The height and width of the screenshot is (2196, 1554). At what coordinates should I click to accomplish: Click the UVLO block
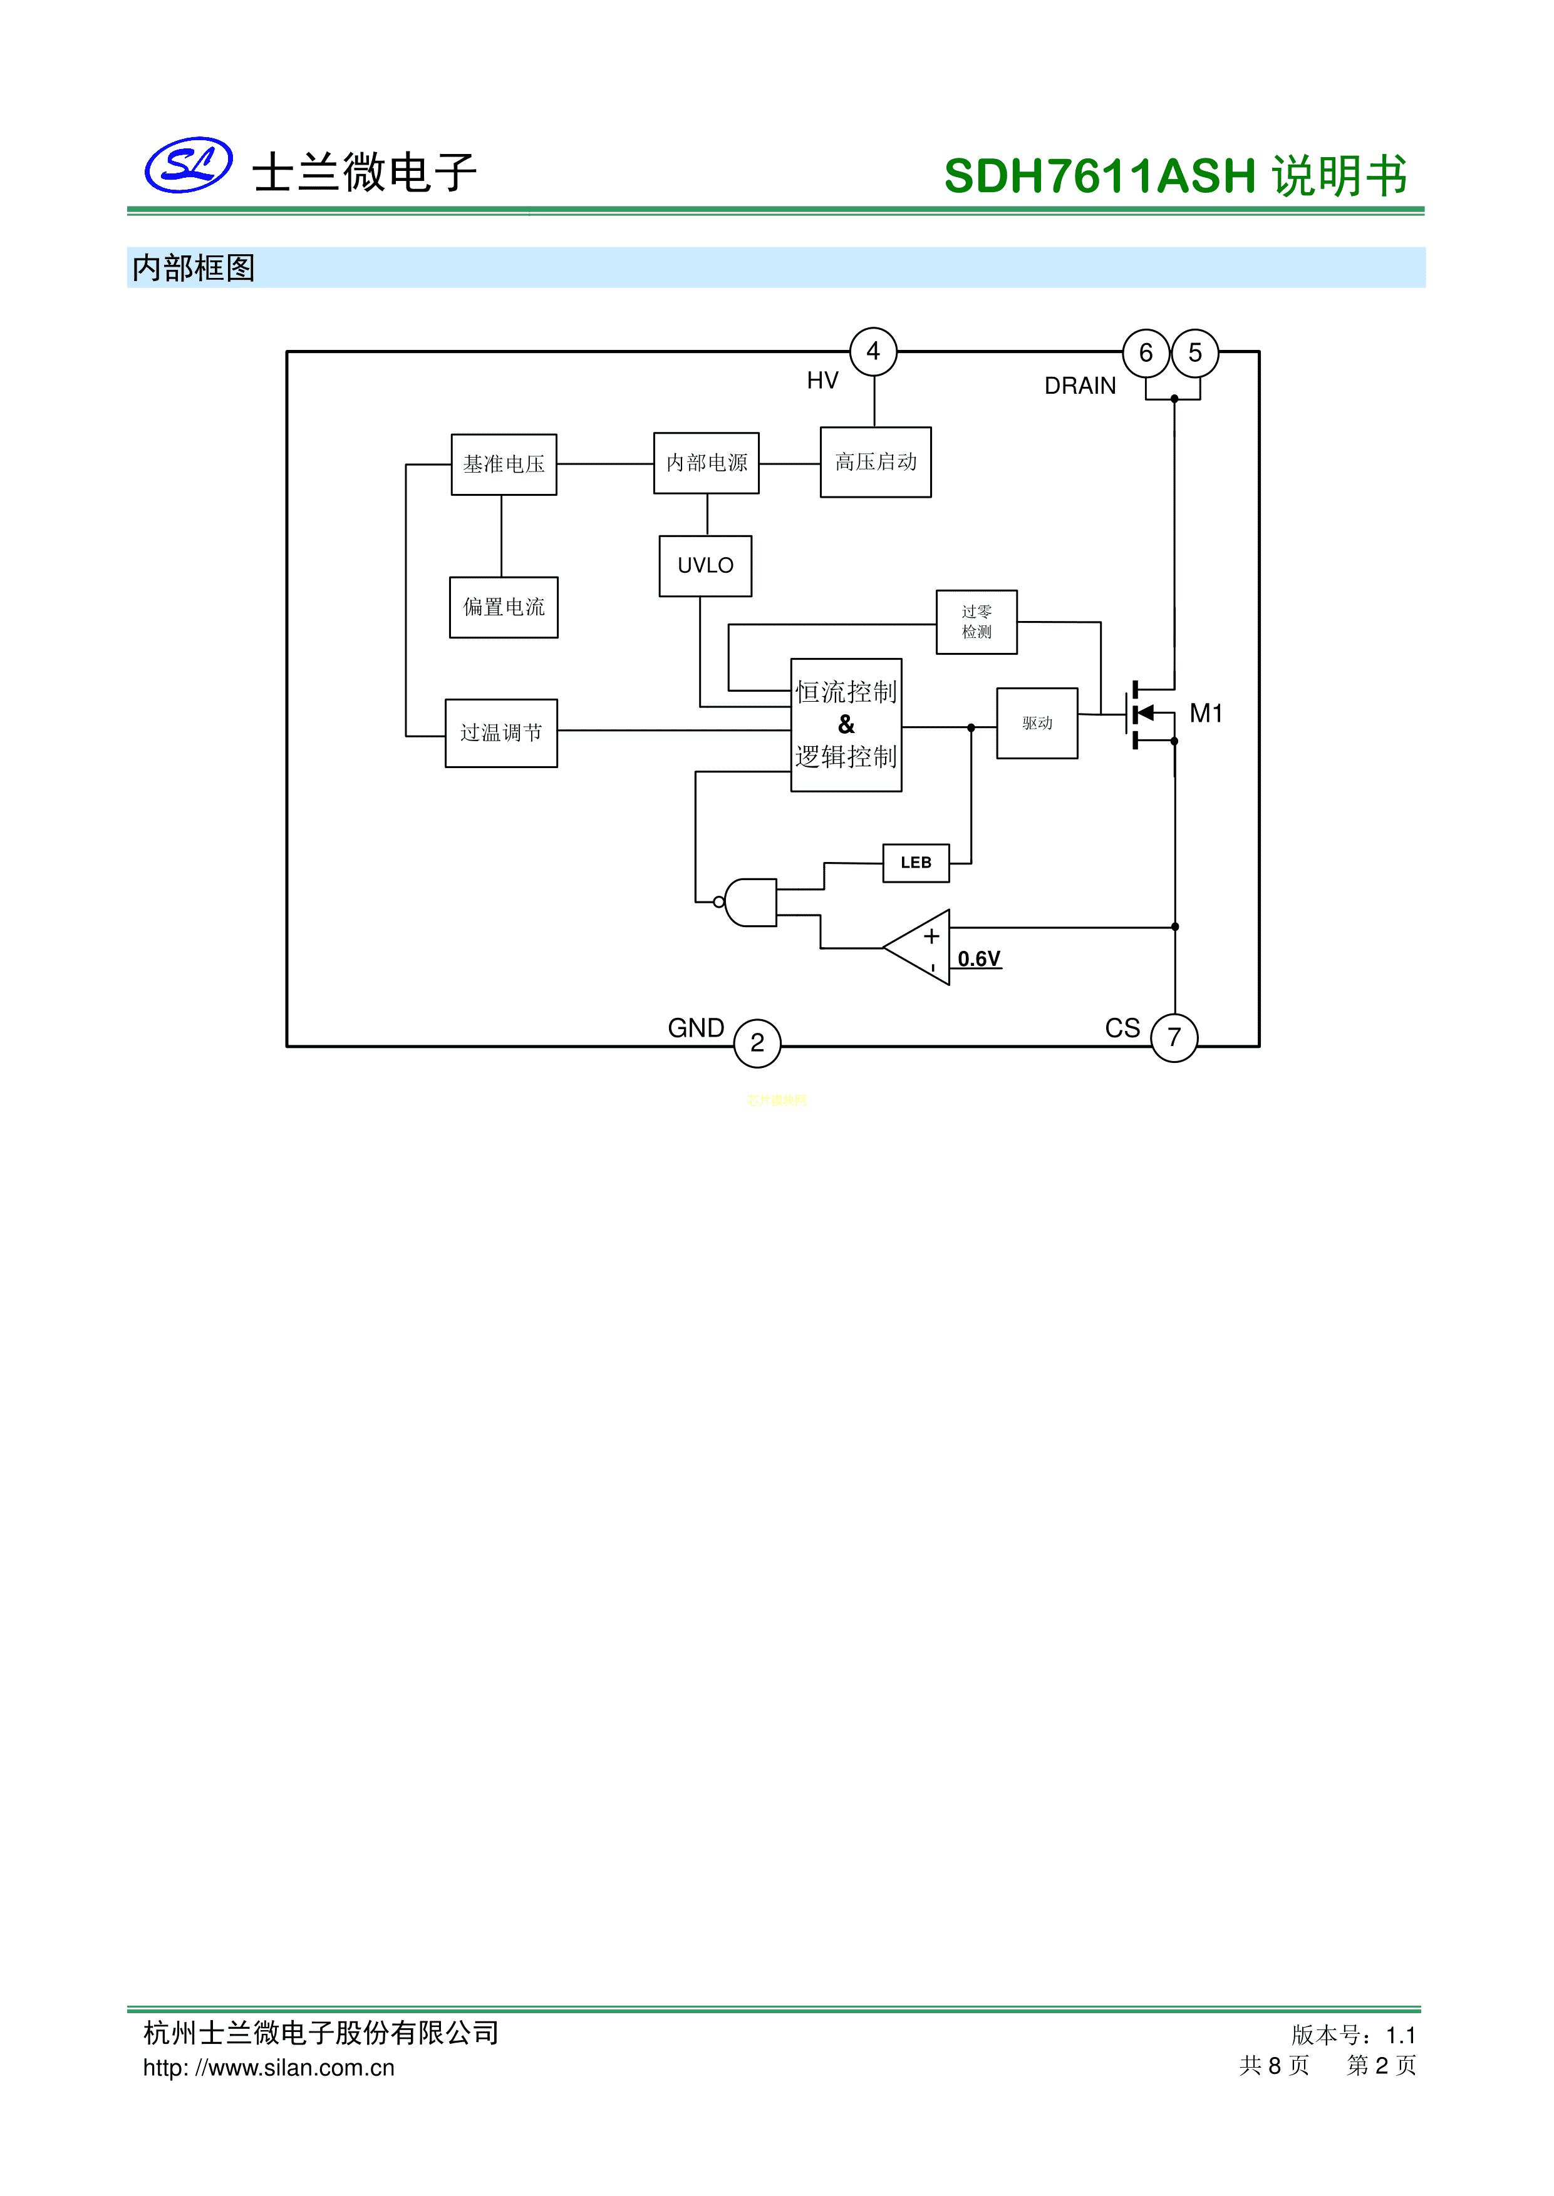(705, 567)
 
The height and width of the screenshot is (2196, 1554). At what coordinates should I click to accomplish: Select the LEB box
(916, 863)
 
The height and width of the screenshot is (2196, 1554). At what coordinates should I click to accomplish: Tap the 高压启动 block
(876, 463)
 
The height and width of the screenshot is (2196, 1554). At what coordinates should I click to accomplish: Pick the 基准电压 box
(504, 465)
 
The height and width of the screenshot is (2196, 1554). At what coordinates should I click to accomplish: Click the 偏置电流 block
(504, 607)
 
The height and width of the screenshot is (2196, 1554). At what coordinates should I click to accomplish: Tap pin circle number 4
(874, 352)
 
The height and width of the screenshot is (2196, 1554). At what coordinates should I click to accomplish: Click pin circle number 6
(1146, 354)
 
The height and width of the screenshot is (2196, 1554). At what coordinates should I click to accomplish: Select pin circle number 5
(1195, 354)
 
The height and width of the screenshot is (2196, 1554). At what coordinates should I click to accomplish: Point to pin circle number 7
(1174, 1038)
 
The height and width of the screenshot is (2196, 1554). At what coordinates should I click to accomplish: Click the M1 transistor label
(1206, 714)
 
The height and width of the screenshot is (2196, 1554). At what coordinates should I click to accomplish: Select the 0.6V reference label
(979, 959)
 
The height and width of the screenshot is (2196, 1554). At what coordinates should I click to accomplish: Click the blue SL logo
(189, 165)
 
